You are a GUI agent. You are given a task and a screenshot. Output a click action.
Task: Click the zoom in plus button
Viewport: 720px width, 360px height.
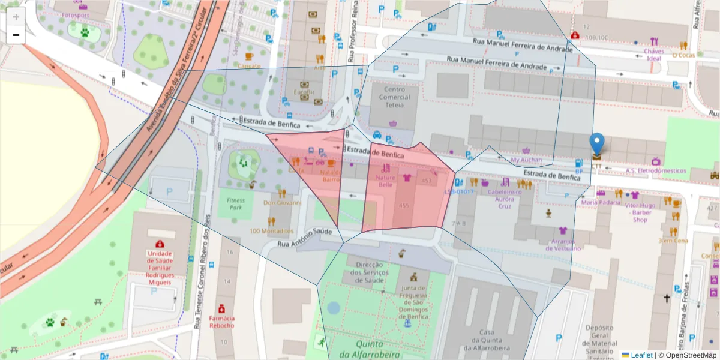[16, 17]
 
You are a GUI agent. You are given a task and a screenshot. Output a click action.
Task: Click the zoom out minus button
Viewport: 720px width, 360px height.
[16, 35]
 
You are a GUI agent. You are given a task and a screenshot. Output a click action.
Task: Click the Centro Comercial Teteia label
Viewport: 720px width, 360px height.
[394, 97]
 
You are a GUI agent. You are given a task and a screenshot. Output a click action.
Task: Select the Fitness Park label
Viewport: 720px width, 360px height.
[236, 204]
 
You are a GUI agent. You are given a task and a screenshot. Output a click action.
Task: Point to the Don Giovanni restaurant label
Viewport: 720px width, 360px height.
[282, 203]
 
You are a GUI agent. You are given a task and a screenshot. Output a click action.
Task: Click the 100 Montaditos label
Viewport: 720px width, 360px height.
[271, 231]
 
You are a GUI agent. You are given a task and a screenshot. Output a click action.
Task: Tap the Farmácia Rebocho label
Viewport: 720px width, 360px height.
[221, 322]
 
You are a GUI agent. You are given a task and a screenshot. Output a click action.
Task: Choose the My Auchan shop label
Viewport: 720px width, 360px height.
[526, 160]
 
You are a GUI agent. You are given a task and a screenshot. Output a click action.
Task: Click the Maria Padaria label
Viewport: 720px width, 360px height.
[601, 202]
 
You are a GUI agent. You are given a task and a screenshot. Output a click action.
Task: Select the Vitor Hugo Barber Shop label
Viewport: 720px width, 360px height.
[640, 212]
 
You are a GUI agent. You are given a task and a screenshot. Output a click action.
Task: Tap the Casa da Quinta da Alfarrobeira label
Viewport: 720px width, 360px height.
[486, 340]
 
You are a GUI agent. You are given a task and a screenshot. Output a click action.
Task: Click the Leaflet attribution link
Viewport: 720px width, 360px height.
[641, 355]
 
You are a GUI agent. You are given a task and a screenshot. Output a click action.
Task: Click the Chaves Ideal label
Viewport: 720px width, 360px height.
[653, 55]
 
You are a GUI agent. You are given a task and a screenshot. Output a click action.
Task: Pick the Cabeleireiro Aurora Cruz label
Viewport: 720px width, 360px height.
[505, 199]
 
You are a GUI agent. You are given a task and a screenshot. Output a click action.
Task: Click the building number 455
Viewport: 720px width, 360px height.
[404, 206]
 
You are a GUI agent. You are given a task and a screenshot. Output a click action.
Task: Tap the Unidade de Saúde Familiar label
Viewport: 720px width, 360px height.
[160, 267]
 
